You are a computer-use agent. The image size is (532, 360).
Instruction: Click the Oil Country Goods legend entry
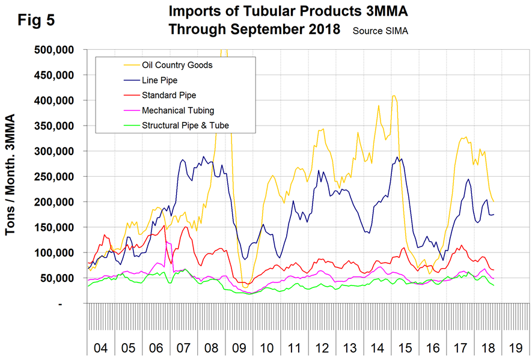177,65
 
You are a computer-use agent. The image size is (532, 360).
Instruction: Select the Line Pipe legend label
159,80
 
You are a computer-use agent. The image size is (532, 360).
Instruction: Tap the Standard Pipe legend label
169,95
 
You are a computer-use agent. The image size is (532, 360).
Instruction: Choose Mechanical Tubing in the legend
177,110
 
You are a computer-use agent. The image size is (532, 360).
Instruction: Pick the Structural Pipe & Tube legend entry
185,125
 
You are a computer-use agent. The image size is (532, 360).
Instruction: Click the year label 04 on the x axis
101,348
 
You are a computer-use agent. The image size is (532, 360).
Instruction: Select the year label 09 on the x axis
239,348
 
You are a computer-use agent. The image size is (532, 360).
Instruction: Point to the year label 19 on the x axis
515,348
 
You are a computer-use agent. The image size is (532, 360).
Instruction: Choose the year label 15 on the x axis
405,348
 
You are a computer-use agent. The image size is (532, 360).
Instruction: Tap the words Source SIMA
380,31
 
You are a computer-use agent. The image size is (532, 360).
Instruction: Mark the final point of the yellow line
494,201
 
